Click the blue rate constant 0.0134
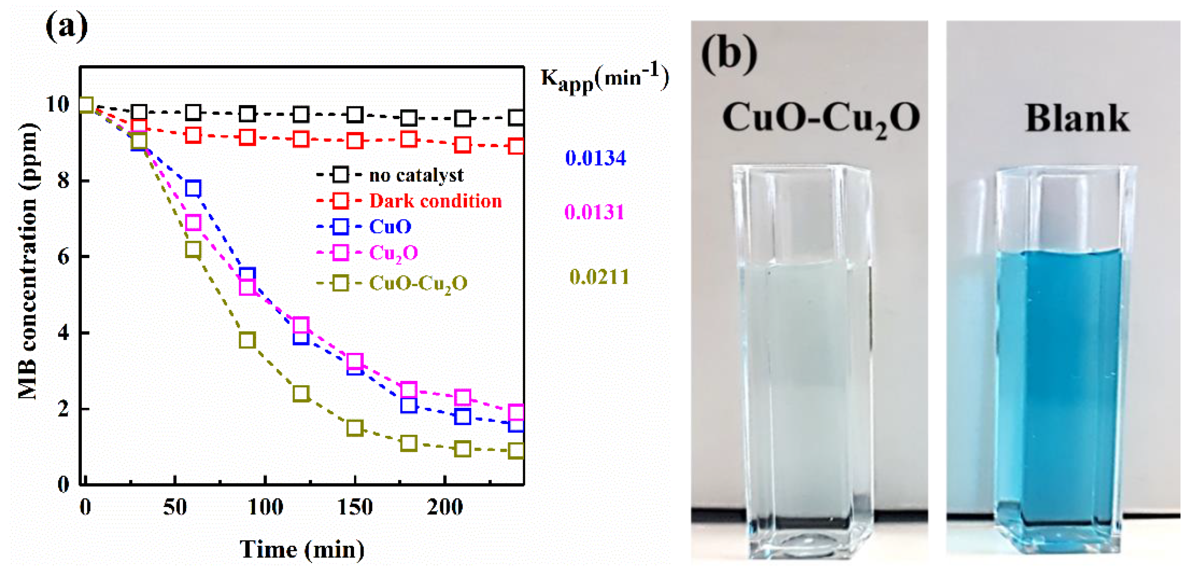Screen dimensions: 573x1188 (x=595, y=158)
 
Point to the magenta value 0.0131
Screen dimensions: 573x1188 (x=594, y=212)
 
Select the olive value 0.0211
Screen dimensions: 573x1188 (x=599, y=277)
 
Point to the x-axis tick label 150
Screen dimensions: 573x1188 (x=355, y=507)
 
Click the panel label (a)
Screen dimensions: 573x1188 (x=66, y=27)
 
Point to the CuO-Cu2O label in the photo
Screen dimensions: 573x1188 (x=821, y=119)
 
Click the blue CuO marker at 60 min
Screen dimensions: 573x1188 (x=193, y=188)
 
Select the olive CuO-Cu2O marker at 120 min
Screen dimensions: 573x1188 (x=301, y=394)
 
